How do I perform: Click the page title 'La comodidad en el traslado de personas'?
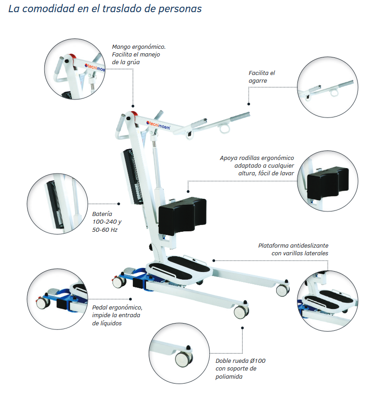[105, 9]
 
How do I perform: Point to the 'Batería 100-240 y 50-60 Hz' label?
[104, 221]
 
